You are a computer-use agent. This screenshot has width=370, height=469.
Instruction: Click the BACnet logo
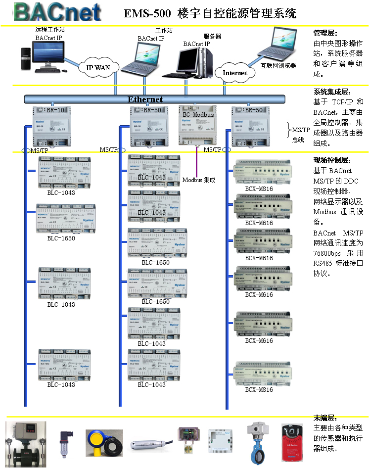click(x=57, y=12)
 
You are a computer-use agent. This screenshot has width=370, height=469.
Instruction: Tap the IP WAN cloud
click(x=99, y=68)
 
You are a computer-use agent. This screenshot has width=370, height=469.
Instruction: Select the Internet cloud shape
click(x=234, y=73)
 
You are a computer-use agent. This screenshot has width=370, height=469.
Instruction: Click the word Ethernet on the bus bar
click(x=145, y=99)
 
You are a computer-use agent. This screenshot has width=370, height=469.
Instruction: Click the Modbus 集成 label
click(x=199, y=180)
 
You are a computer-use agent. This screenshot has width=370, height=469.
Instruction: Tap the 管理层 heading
click(x=325, y=33)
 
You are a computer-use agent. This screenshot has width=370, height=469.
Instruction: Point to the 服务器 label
click(x=212, y=37)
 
